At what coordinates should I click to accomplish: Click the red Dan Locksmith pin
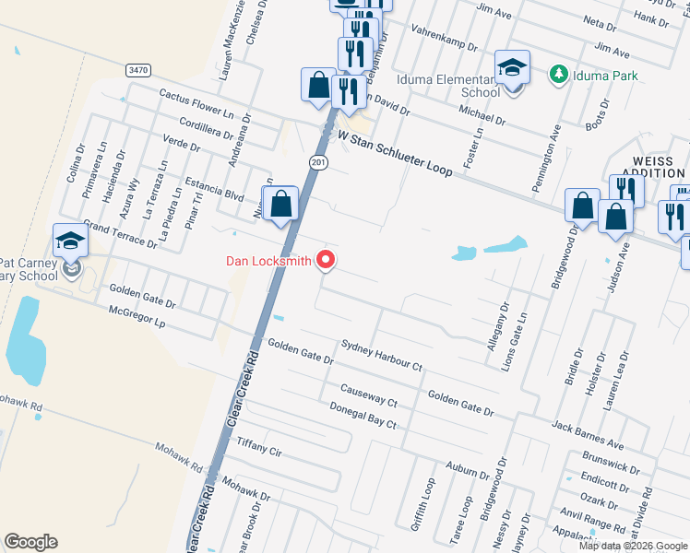pos(326,262)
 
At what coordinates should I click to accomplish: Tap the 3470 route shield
pos(138,70)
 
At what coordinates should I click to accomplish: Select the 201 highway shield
pos(317,163)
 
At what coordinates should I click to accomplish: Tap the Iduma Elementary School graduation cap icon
pos(512,67)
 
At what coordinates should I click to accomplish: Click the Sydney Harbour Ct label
pos(381,355)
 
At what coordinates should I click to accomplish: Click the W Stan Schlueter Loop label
pos(395,153)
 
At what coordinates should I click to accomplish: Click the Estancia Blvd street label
pos(214,190)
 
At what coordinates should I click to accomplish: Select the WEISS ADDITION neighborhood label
pos(653,167)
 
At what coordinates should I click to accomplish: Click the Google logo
pos(30,542)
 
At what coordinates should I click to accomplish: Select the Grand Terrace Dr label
pos(120,234)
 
